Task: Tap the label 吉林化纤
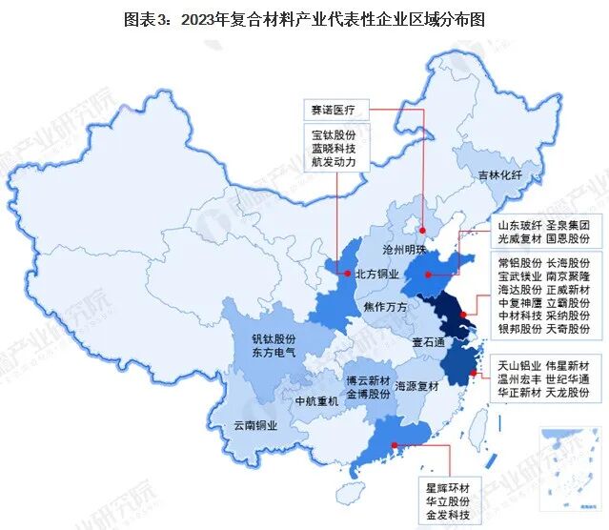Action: point(500,175)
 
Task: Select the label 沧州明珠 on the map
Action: point(404,249)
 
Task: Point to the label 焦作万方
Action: point(386,306)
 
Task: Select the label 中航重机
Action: point(316,400)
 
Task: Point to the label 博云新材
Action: point(368,377)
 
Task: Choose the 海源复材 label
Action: point(416,386)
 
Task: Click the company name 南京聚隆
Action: point(568,275)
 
